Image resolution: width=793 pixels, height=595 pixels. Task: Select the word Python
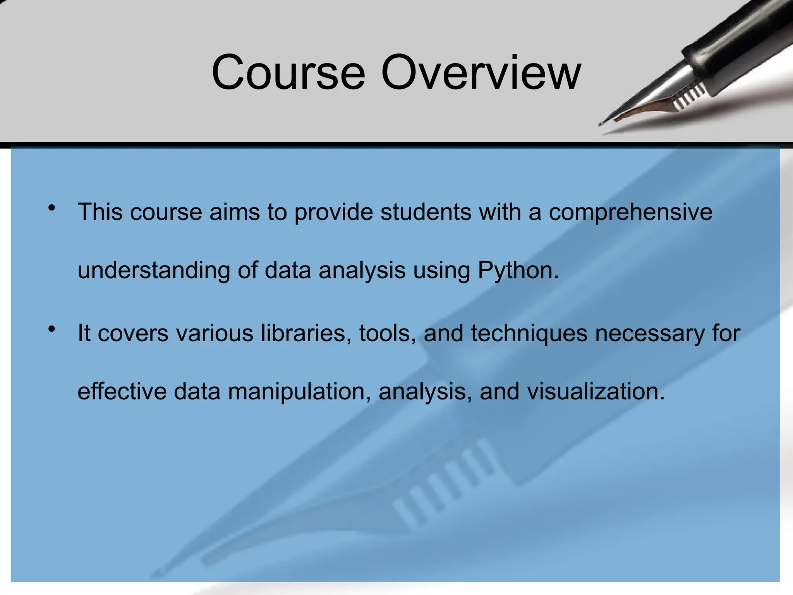pyautogui.click(x=518, y=270)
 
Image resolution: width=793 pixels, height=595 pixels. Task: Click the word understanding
pyautogui.click(x=154, y=270)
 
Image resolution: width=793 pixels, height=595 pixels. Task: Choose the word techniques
pyautogui.click(x=529, y=333)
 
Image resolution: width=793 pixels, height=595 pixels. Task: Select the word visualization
pyautogui.click(x=596, y=391)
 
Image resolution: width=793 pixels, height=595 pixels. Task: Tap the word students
pyautogui.click(x=426, y=212)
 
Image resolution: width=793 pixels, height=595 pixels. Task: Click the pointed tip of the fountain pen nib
pyautogui.click(x=601, y=124)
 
